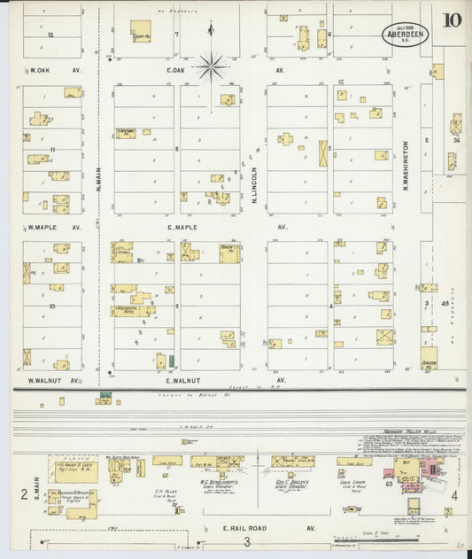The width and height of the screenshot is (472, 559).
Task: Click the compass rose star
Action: click(212, 65)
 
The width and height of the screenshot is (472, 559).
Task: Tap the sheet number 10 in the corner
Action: click(452, 19)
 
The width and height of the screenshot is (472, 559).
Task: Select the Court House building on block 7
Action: click(141, 32)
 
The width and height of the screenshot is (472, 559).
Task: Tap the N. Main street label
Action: click(98, 185)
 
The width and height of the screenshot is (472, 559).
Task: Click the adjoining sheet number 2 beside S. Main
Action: click(23, 494)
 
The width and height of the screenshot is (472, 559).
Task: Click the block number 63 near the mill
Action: click(388, 484)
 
